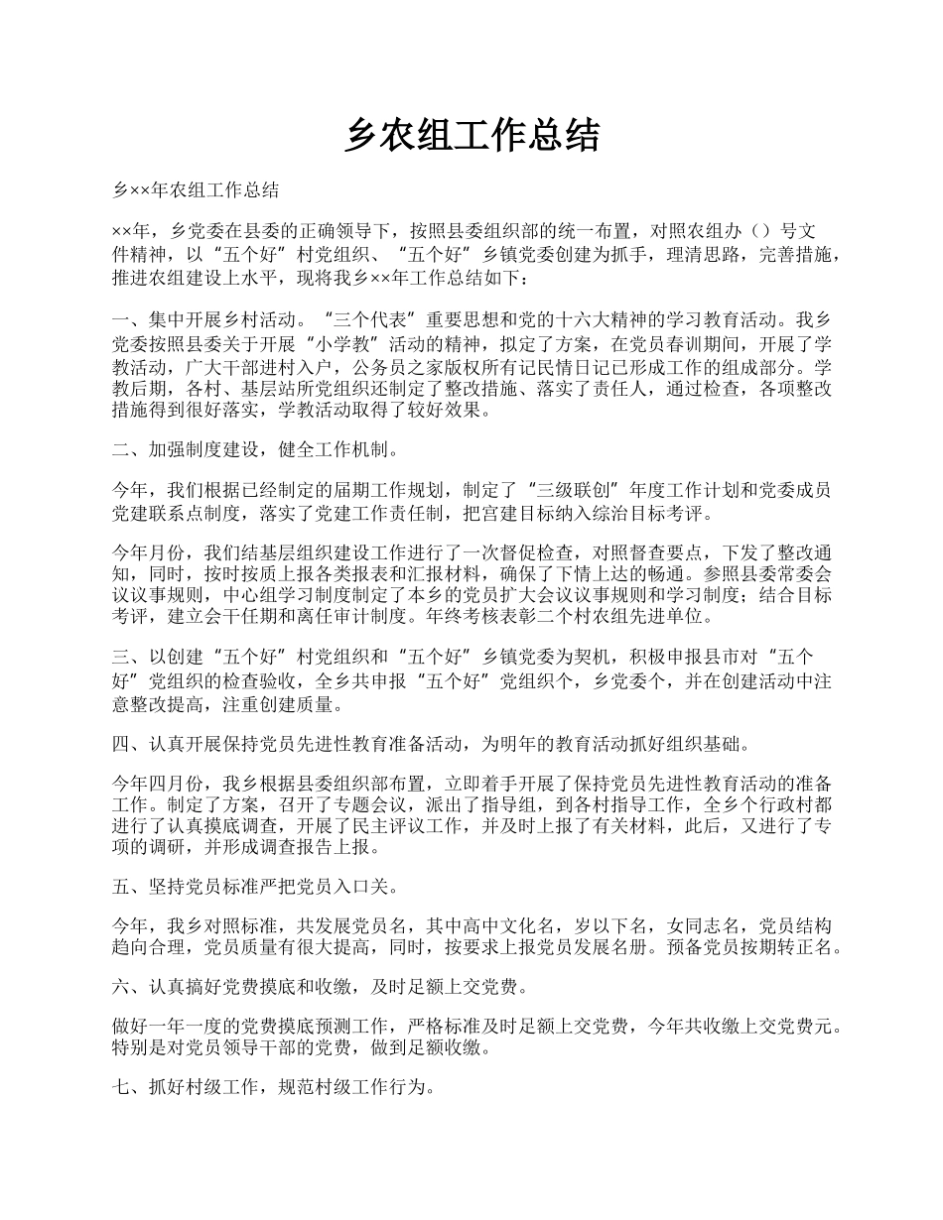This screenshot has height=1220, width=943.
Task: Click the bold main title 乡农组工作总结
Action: point(471,136)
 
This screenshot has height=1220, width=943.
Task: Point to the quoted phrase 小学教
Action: point(318,344)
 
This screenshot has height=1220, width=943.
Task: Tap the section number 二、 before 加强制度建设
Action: point(130,449)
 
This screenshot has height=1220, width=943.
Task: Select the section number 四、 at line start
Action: point(130,744)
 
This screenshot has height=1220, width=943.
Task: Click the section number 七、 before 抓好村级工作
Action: point(130,1088)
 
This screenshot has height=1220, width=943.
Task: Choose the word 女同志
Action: point(695,925)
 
